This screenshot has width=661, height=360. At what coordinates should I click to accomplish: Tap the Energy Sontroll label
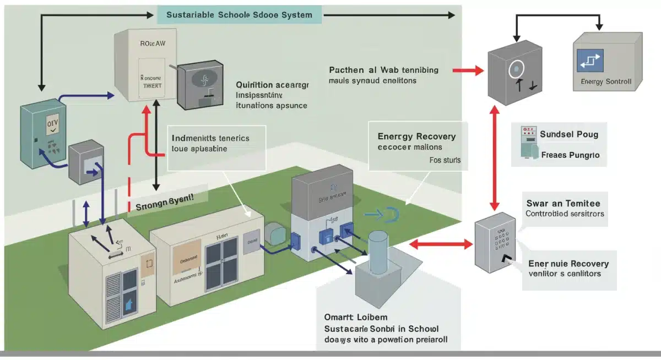pyautogui.click(x=606, y=82)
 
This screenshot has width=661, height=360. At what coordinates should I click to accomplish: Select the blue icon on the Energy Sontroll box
pyautogui.click(x=590, y=60)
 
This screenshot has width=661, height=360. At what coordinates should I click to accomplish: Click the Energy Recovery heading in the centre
pyautogui.click(x=416, y=137)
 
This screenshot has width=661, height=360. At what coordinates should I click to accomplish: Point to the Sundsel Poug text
pyautogui.click(x=569, y=134)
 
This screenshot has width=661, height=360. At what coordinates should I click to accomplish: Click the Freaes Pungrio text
pyautogui.click(x=570, y=155)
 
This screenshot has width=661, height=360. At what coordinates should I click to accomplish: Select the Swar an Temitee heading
pyautogui.click(x=567, y=203)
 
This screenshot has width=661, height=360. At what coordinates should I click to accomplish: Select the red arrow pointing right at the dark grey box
pyautogui.click(x=467, y=70)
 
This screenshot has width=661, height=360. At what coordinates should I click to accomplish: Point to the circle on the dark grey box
pyautogui.click(x=516, y=69)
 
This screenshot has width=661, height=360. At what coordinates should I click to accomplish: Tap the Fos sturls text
pyautogui.click(x=445, y=161)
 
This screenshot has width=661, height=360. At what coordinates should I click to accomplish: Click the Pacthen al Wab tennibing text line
pyautogui.click(x=383, y=70)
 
